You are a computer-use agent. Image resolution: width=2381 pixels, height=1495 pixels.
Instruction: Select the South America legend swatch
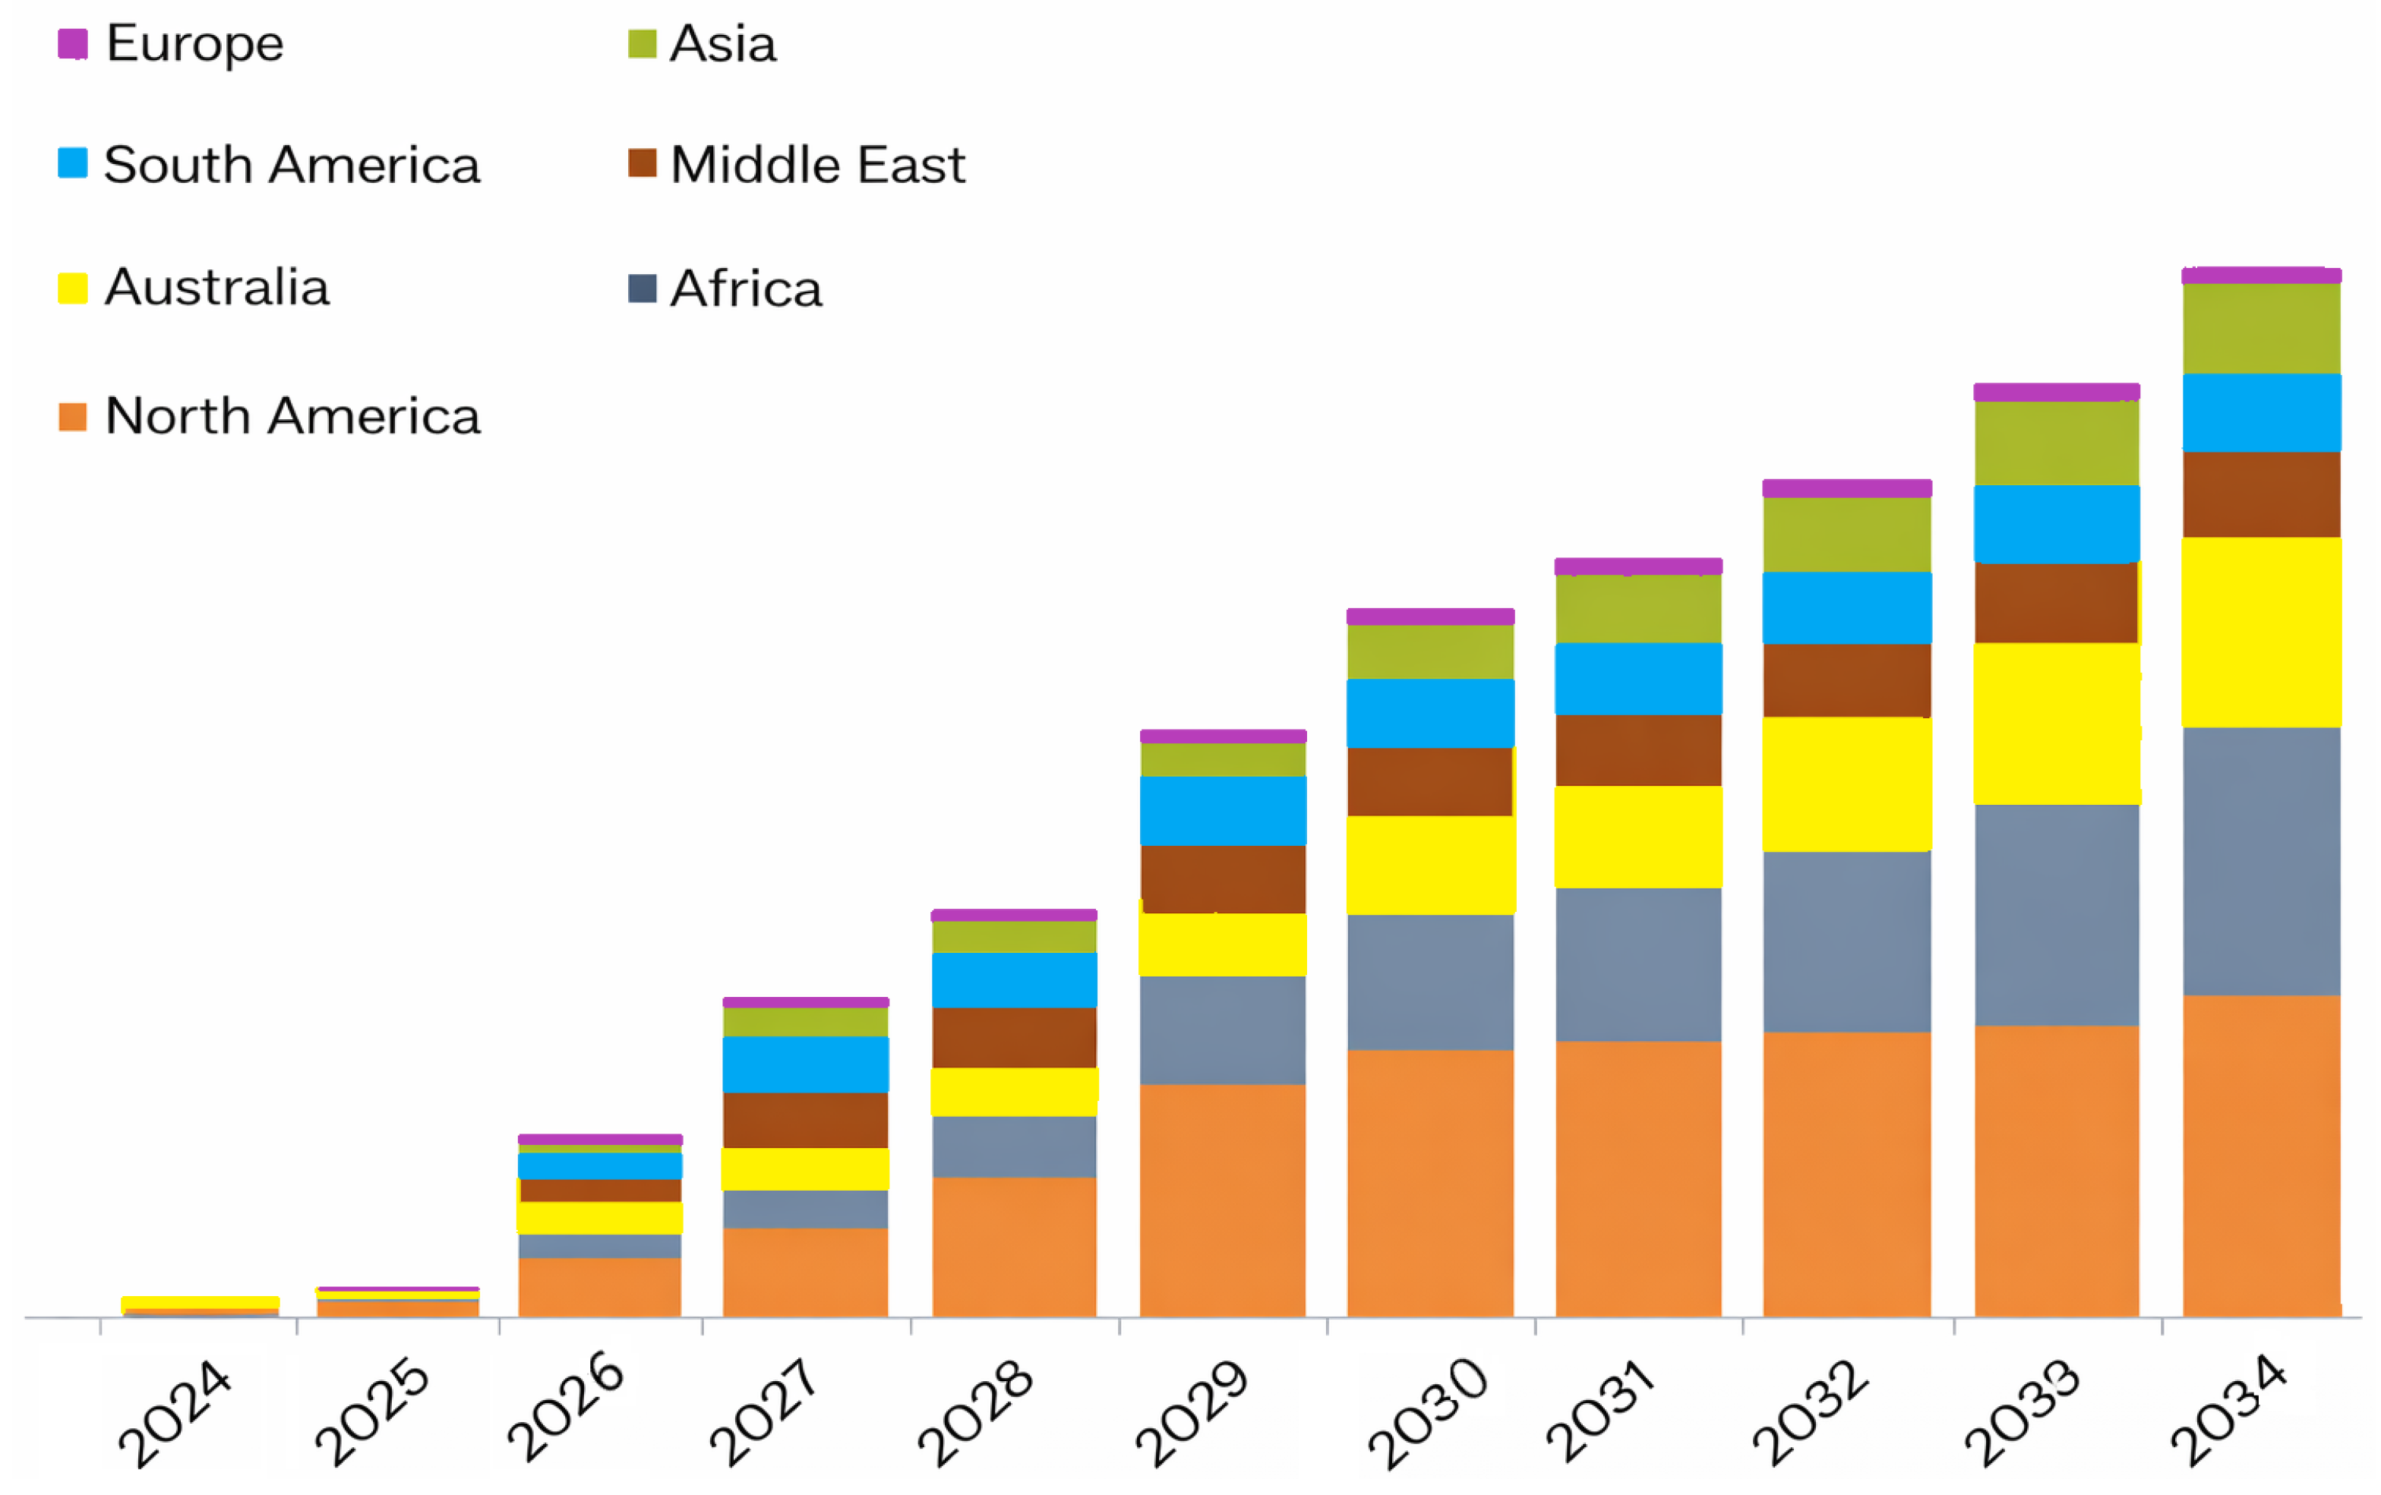coord(72,162)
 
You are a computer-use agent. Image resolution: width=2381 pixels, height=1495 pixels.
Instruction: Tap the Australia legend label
coord(216,288)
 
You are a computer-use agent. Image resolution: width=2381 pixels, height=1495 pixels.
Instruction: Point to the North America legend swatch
coord(72,416)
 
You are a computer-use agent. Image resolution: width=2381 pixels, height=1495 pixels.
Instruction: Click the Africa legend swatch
coord(643,289)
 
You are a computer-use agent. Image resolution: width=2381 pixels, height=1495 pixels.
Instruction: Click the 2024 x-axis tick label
coord(175,1414)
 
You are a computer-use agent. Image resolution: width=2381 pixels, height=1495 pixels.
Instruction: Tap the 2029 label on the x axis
coord(1192,1414)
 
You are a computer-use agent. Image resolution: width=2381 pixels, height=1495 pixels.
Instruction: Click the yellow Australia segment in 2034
coord(2261,632)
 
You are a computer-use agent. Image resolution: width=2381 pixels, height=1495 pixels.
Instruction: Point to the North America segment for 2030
coord(1430,1184)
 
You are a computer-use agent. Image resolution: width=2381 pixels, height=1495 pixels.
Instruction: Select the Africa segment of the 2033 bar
coord(2057,916)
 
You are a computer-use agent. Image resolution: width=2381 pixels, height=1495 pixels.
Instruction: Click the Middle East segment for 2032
coord(1847,681)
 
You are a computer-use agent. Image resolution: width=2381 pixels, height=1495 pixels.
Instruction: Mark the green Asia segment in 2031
coord(1638,609)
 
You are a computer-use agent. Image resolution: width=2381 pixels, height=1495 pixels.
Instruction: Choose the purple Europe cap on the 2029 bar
coord(1223,736)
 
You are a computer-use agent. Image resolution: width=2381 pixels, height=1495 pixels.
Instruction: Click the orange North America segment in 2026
coord(600,1288)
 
